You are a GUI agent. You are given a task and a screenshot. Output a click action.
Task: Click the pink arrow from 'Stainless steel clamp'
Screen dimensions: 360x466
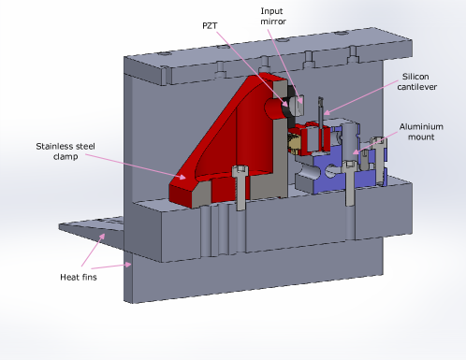point(140,163)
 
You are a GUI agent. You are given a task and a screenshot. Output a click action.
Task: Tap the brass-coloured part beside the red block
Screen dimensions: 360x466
point(293,141)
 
